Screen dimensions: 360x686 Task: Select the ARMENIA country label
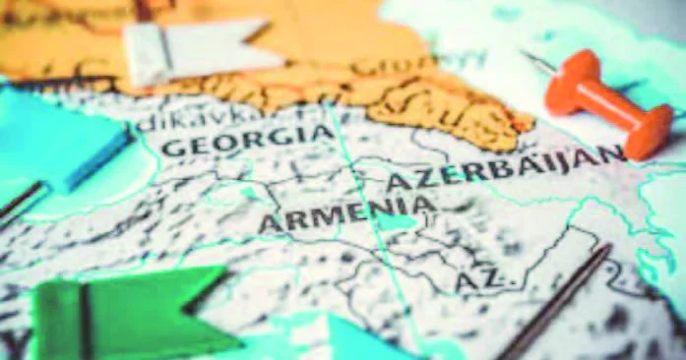pyautogui.click(x=345, y=213)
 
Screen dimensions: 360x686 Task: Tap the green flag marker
pyautogui.click(x=128, y=315)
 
